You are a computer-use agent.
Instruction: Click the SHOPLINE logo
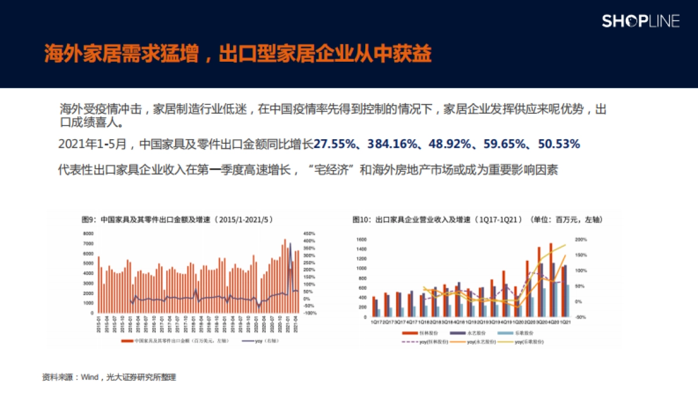(640, 22)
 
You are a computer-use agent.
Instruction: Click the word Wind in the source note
(89, 377)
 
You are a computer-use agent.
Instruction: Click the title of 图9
(177, 220)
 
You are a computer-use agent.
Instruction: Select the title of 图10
(477, 220)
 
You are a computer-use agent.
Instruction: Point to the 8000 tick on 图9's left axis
(88, 233)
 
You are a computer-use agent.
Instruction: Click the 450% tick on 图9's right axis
(309, 233)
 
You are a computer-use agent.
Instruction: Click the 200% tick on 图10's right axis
(581, 239)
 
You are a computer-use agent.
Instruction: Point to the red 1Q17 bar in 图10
(373, 307)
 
